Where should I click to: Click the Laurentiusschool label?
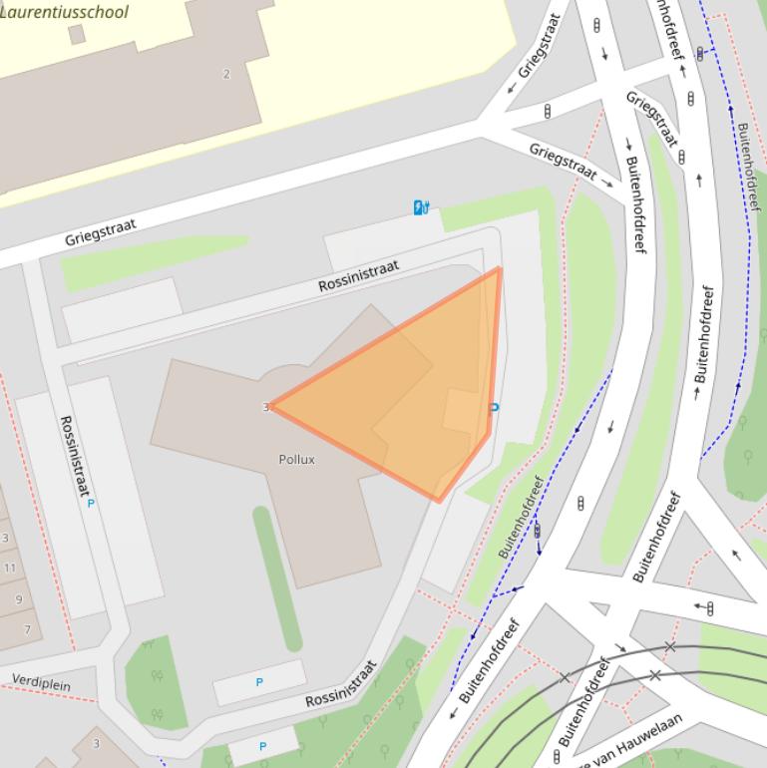click(65, 12)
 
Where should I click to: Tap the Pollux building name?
click(296, 459)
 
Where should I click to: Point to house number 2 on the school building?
click(226, 74)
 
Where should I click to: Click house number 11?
click(10, 568)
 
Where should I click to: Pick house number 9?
click(18, 599)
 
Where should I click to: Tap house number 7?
click(27, 629)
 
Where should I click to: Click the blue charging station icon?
click(421, 207)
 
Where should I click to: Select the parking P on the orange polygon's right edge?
click(495, 407)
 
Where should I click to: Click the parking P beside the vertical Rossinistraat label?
click(91, 504)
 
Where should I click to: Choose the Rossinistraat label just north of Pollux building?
click(358, 276)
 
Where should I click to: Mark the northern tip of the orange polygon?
click(500, 267)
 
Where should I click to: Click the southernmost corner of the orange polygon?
click(439, 501)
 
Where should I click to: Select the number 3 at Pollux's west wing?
click(265, 407)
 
